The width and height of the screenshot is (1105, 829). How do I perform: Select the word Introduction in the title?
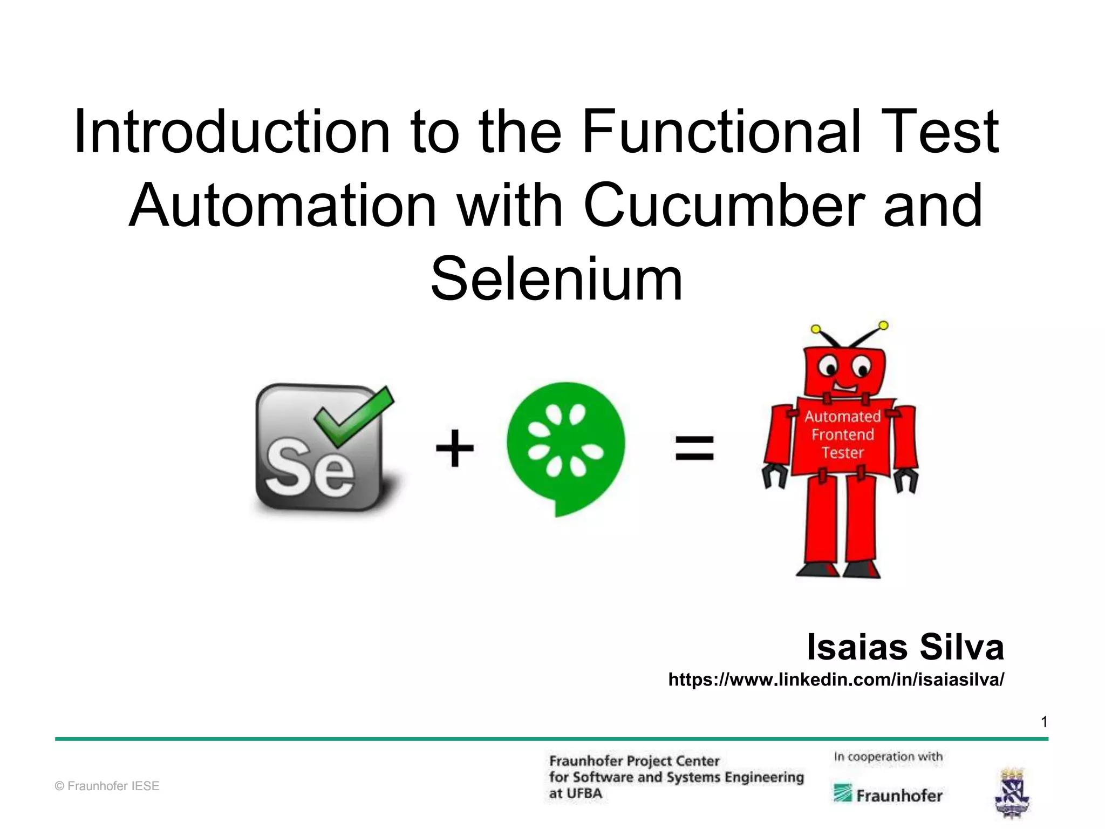[232, 132]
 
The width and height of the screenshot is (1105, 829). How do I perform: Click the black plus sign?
[455, 448]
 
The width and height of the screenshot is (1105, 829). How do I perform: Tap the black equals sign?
[694, 448]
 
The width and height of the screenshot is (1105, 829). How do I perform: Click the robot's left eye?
[828, 368]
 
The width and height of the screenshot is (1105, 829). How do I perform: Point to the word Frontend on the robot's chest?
[842, 434]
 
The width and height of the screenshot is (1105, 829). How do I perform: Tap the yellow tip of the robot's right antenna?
[883, 325]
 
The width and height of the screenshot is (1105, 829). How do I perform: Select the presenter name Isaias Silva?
[905, 647]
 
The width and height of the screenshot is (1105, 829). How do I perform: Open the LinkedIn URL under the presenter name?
[836, 679]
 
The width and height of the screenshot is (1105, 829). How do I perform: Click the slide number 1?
[1044, 722]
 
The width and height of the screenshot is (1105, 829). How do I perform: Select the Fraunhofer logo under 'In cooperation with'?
[888, 794]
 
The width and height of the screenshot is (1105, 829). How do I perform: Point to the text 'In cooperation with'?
[888, 757]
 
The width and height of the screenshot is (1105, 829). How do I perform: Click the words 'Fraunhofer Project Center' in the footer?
[634, 761]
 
